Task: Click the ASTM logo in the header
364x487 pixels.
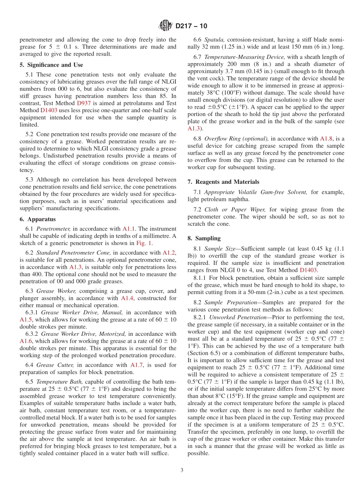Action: pos(166,26)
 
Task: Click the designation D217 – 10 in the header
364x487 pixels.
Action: pos(191,26)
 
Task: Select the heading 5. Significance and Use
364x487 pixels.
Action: pos(51,65)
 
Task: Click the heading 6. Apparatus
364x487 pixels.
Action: pos(38,219)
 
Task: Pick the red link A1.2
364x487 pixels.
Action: pos(169,252)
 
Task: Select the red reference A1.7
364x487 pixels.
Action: pos(137,365)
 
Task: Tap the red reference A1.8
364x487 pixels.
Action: pos(326,139)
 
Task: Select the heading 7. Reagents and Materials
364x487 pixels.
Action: pos(223,182)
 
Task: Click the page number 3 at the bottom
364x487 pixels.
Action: pos(182,470)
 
